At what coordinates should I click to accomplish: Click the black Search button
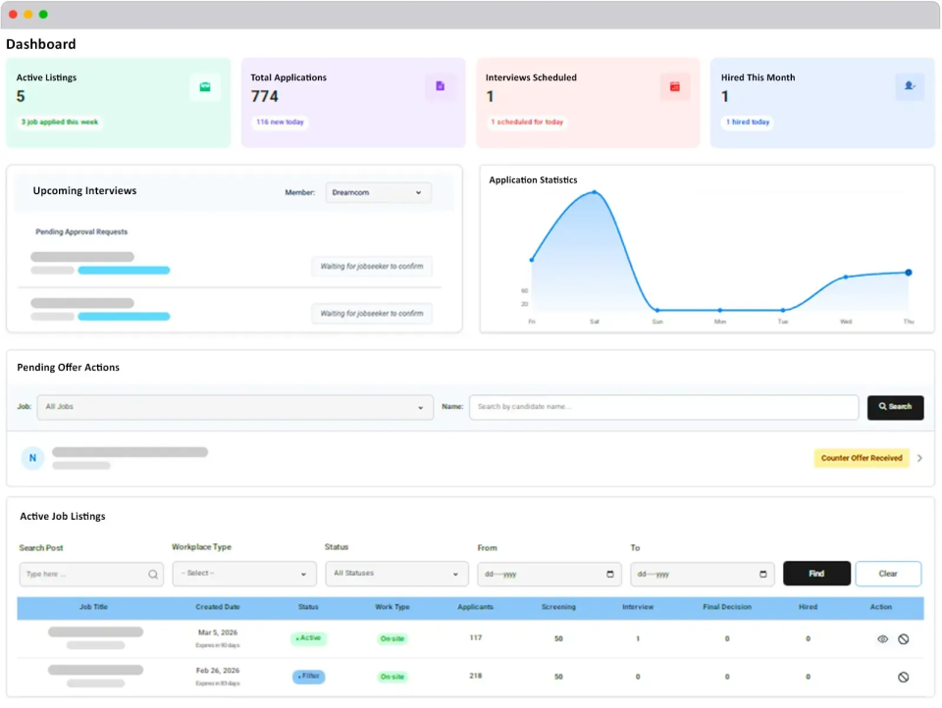895,407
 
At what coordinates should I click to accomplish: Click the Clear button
888,574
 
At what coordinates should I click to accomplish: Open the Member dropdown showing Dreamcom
379,193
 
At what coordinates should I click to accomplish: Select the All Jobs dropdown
235,407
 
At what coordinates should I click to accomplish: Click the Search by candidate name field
663,407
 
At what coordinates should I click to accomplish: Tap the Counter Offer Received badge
862,458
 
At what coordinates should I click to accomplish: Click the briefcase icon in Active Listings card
205,87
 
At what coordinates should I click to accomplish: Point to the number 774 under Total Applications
265,96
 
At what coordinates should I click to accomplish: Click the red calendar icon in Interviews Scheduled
675,87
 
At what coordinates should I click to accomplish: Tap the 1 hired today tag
748,123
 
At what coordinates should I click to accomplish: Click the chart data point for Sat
594,192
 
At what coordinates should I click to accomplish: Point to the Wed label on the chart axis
846,322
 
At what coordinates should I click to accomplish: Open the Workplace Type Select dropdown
244,574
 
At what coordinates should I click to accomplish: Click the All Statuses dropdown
396,574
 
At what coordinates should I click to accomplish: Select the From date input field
549,574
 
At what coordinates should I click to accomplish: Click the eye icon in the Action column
882,639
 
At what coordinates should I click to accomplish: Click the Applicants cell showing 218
476,677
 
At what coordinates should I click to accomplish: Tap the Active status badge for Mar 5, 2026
309,638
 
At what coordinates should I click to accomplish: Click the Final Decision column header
727,607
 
